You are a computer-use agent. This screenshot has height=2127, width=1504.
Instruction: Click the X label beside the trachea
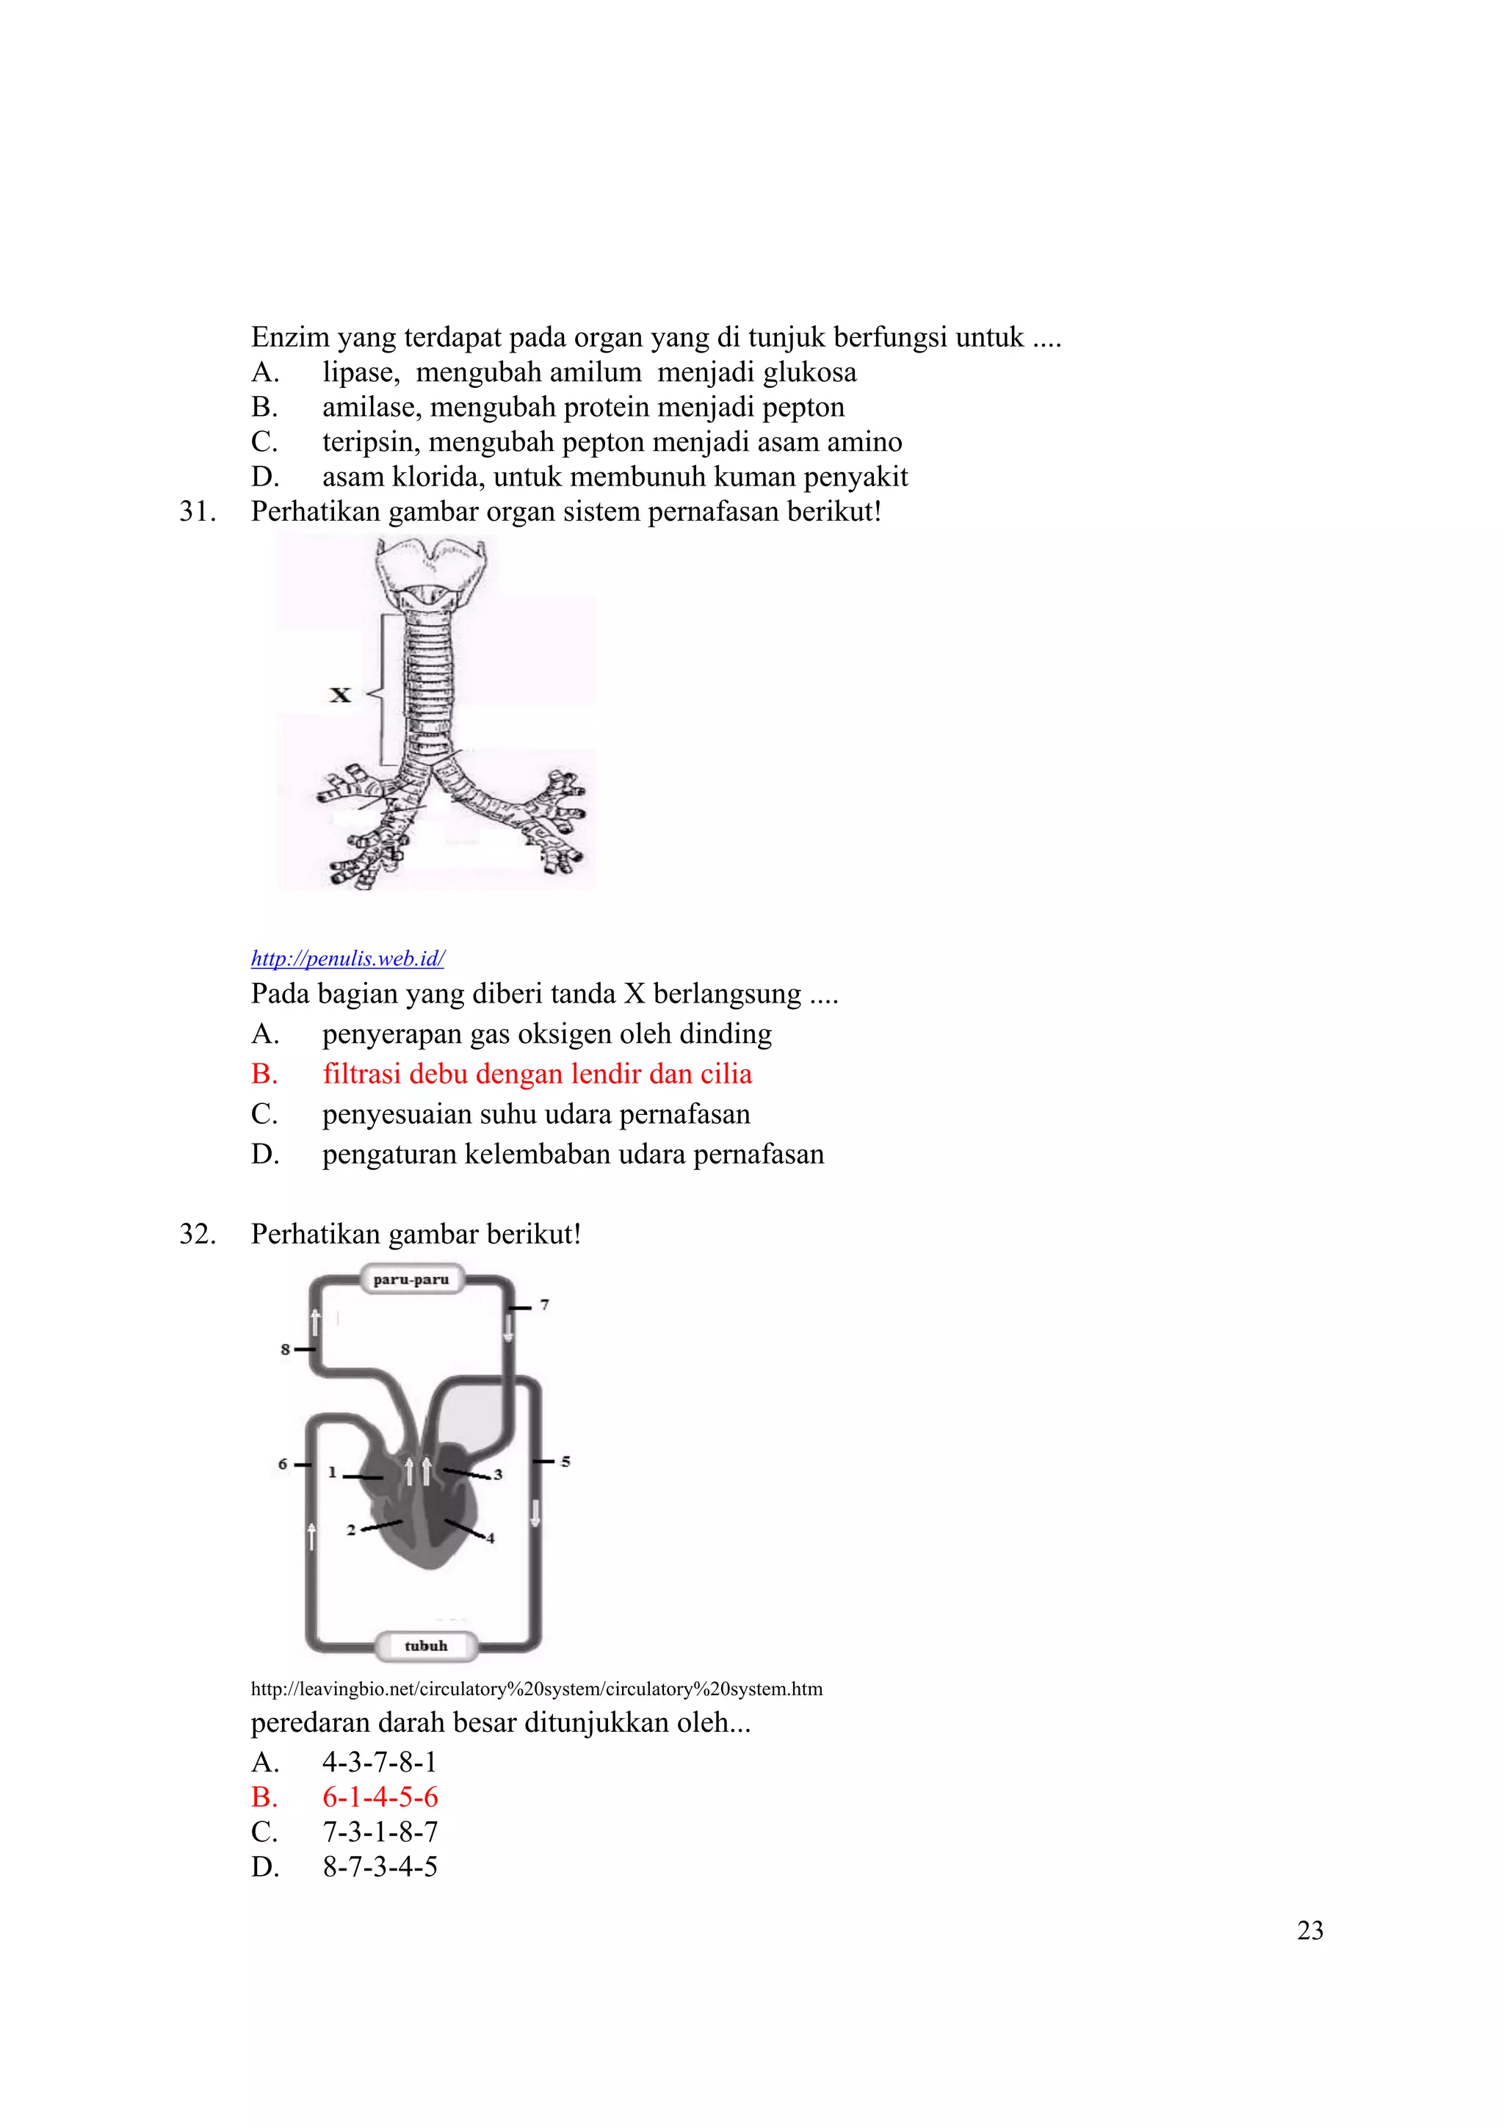340,694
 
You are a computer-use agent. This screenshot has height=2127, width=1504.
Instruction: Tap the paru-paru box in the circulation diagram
411,1279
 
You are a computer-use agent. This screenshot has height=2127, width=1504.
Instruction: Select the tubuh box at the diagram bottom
426,1645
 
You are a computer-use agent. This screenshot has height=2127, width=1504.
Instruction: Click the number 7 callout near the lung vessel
545,1304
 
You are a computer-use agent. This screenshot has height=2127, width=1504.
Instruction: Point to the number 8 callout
285,1350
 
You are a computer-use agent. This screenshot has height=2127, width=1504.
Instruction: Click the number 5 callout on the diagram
565,1462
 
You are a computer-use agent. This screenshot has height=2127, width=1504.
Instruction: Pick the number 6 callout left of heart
283,1464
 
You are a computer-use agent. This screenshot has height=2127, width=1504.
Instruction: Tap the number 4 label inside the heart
491,1539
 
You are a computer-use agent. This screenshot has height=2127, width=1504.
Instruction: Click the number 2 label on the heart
351,1531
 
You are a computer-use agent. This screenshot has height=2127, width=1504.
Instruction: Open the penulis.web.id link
347,958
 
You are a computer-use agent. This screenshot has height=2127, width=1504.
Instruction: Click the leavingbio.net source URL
536,1689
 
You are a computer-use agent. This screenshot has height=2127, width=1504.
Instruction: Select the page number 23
1309,1931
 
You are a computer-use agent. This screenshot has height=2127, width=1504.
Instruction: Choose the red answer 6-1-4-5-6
380,1797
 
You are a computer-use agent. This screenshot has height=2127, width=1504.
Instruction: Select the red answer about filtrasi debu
537,1074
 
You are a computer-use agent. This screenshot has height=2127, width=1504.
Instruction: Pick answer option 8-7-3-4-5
380,1867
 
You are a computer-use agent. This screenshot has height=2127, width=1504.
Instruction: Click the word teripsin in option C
370,442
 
